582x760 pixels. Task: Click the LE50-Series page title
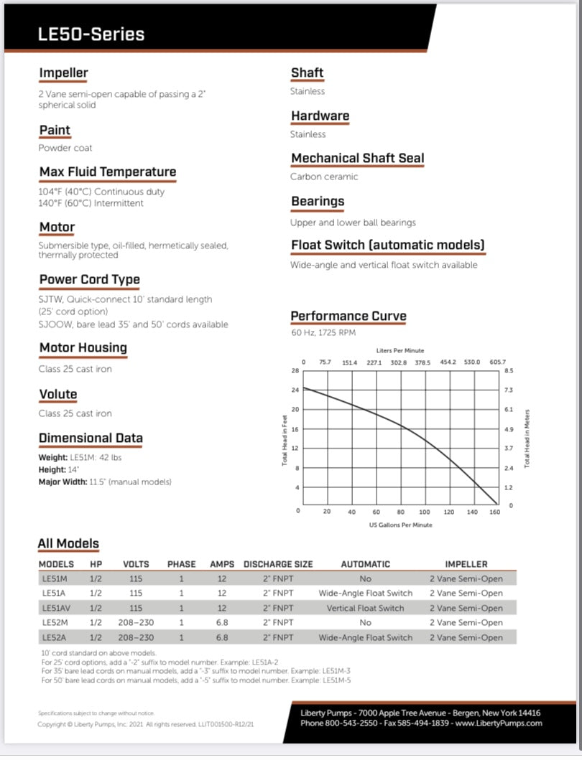pos(91,34)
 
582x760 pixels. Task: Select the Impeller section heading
pos(63,73)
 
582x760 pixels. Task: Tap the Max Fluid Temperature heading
pos(107,172)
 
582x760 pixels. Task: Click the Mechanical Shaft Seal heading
pos(357,159)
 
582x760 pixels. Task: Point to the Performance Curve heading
pos(348,316)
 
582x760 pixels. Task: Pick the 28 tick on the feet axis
pos(295,371)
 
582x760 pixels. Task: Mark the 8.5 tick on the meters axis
pos(509,371)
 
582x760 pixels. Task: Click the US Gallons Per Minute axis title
pos(400,525)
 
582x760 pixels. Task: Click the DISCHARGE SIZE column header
pos(278,564)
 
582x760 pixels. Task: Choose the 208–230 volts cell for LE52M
pos(136,622)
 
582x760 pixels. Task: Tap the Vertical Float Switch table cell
pos(365,608)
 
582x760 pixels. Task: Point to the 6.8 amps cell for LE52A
pos(221,637)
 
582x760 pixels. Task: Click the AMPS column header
pos(221,564)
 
